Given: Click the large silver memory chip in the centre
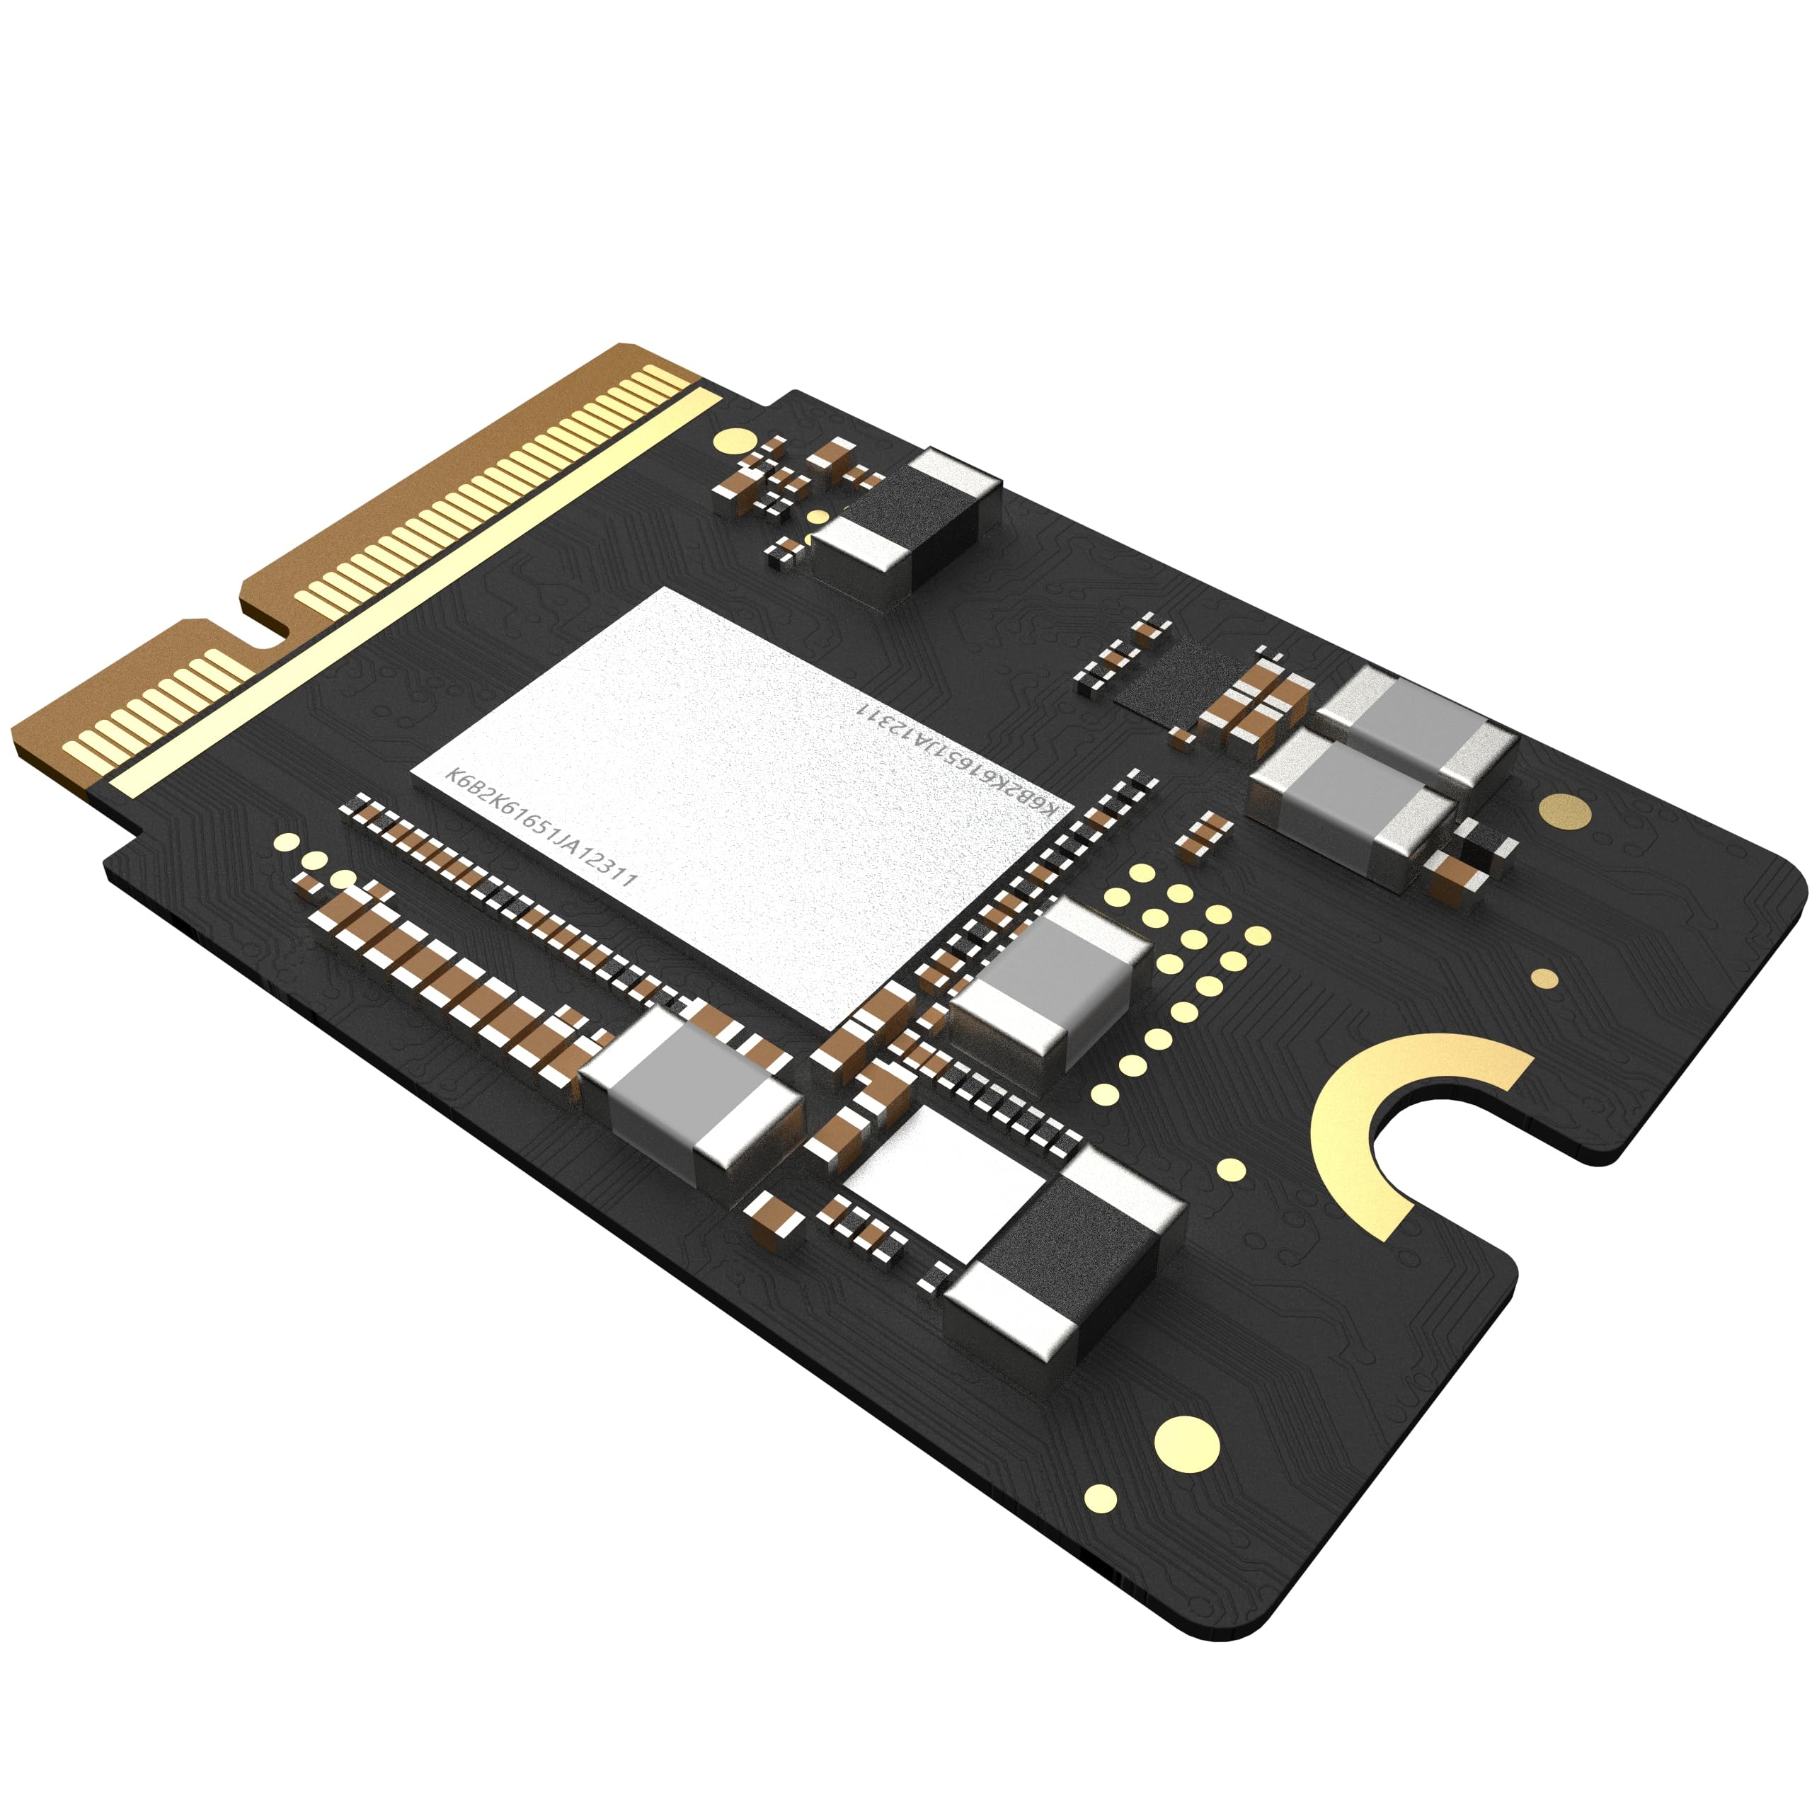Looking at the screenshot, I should click(x=741, y=807).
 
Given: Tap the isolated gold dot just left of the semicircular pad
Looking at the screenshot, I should click(x=1230, y=1169).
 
